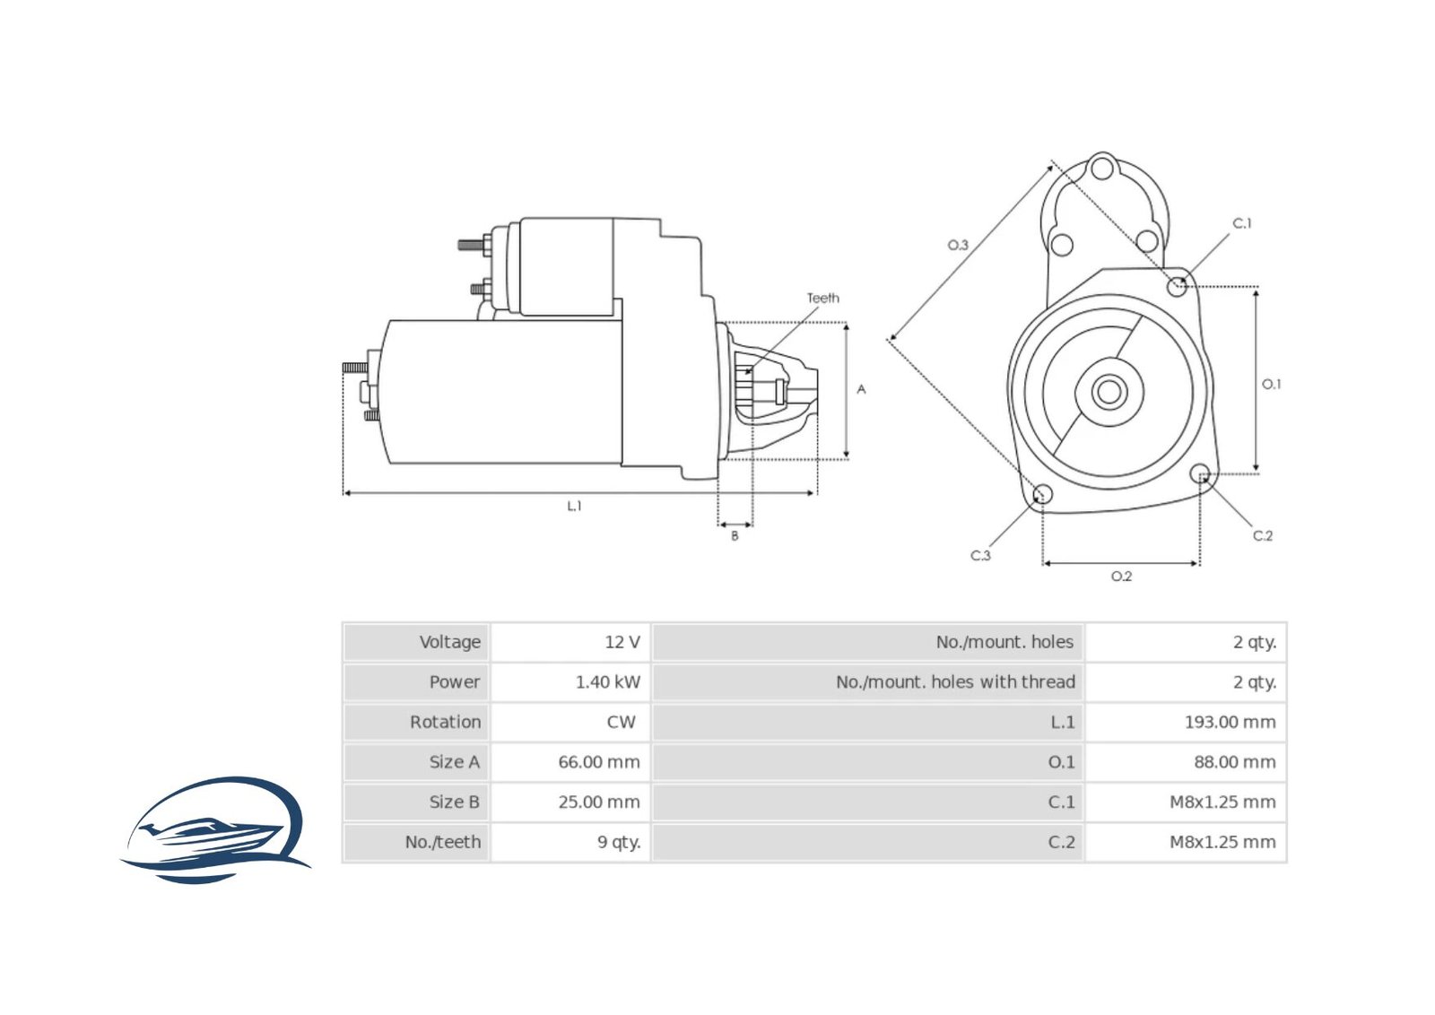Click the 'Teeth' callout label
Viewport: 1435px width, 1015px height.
(822, 298)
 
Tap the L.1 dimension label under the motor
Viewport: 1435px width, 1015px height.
(574, 506)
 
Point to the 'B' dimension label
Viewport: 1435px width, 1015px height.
(735, 535)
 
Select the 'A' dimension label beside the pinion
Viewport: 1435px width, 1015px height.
(861, 389)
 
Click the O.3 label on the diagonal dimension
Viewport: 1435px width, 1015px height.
(958, 245)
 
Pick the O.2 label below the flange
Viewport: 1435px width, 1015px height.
(1121, 577)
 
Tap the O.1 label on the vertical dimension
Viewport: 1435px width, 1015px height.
(1271, 384)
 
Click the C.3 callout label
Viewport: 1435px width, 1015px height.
(980, 555)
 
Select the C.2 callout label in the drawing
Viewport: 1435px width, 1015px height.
(1262, 535)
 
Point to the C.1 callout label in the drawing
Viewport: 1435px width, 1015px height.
(1241, 223)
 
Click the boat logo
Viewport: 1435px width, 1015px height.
(215, 829)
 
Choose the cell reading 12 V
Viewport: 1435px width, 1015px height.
(622, 642)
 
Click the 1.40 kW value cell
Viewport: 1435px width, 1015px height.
(607, 681)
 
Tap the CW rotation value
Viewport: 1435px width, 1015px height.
(621, 722)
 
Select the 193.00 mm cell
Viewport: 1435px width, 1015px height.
(1229, 722)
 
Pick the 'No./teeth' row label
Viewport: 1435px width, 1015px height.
(442, 842)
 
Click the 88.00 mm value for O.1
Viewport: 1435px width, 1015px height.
(1233, 762)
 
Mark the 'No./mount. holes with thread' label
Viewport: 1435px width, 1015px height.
(954, 681)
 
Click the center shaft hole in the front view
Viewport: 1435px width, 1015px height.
(1109, 392)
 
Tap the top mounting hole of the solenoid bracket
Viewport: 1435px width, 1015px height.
(1103, 168)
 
